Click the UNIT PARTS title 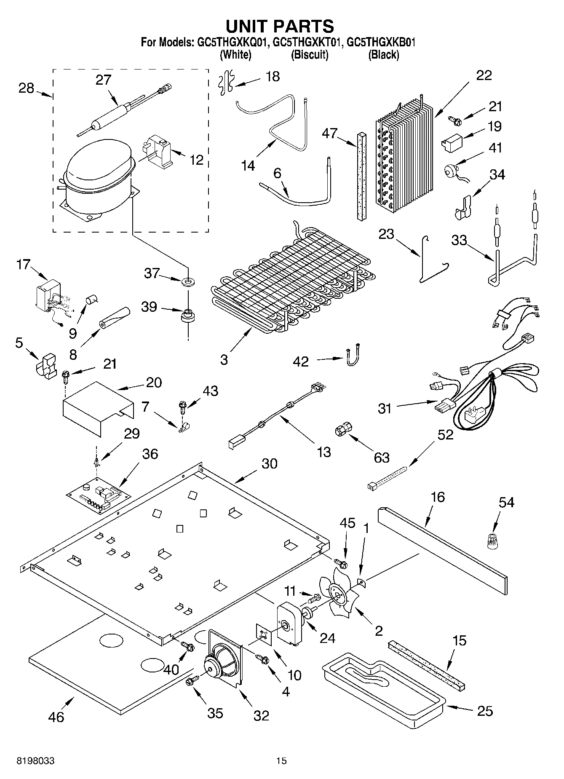[x=280, y=26]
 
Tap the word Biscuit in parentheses [x=310, y=55]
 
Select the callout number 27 [x=103, y=80]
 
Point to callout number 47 [x=330, y=134]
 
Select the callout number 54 [x=506, y=502]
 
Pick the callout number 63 [x=382, y=457]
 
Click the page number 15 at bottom [x=281, y=761]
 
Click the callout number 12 [x=196, y=160]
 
